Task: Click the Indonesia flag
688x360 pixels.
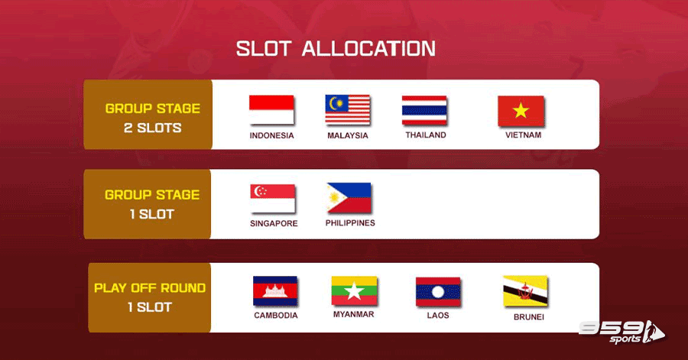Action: (x=271, y=109)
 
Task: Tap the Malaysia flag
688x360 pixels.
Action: (x=348, y=109)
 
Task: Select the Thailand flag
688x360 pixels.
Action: (x=424, y=110)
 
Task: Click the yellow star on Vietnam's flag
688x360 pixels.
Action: (x=521, y=111)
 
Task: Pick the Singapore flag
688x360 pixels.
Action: (x=272, y=198)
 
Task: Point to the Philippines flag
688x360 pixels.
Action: (x=349, y=198)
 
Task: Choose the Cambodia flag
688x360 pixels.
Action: (x=275, y=290)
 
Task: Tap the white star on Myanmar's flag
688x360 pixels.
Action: (x=354, y=290)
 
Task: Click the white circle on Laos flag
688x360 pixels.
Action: (x=438, y=292)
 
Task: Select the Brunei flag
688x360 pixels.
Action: (x=525, y=290)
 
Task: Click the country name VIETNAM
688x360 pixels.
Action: (x=523, y=135)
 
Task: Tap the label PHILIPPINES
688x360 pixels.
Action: (x=350, y=223)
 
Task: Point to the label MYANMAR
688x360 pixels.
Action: (x=354, y=314)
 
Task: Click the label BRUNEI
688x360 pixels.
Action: (x=529, y=317)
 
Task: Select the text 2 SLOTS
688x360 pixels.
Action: (x=152, y=128)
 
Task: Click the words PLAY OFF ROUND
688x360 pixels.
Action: (x=150, y=287)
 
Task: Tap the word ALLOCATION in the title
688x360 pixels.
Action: (x=368, y=49)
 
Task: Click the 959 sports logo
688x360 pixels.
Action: (x=621, y=332)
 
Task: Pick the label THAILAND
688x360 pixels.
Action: (x=426, y=135)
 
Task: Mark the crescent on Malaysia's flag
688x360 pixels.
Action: (x=333, y=103)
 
